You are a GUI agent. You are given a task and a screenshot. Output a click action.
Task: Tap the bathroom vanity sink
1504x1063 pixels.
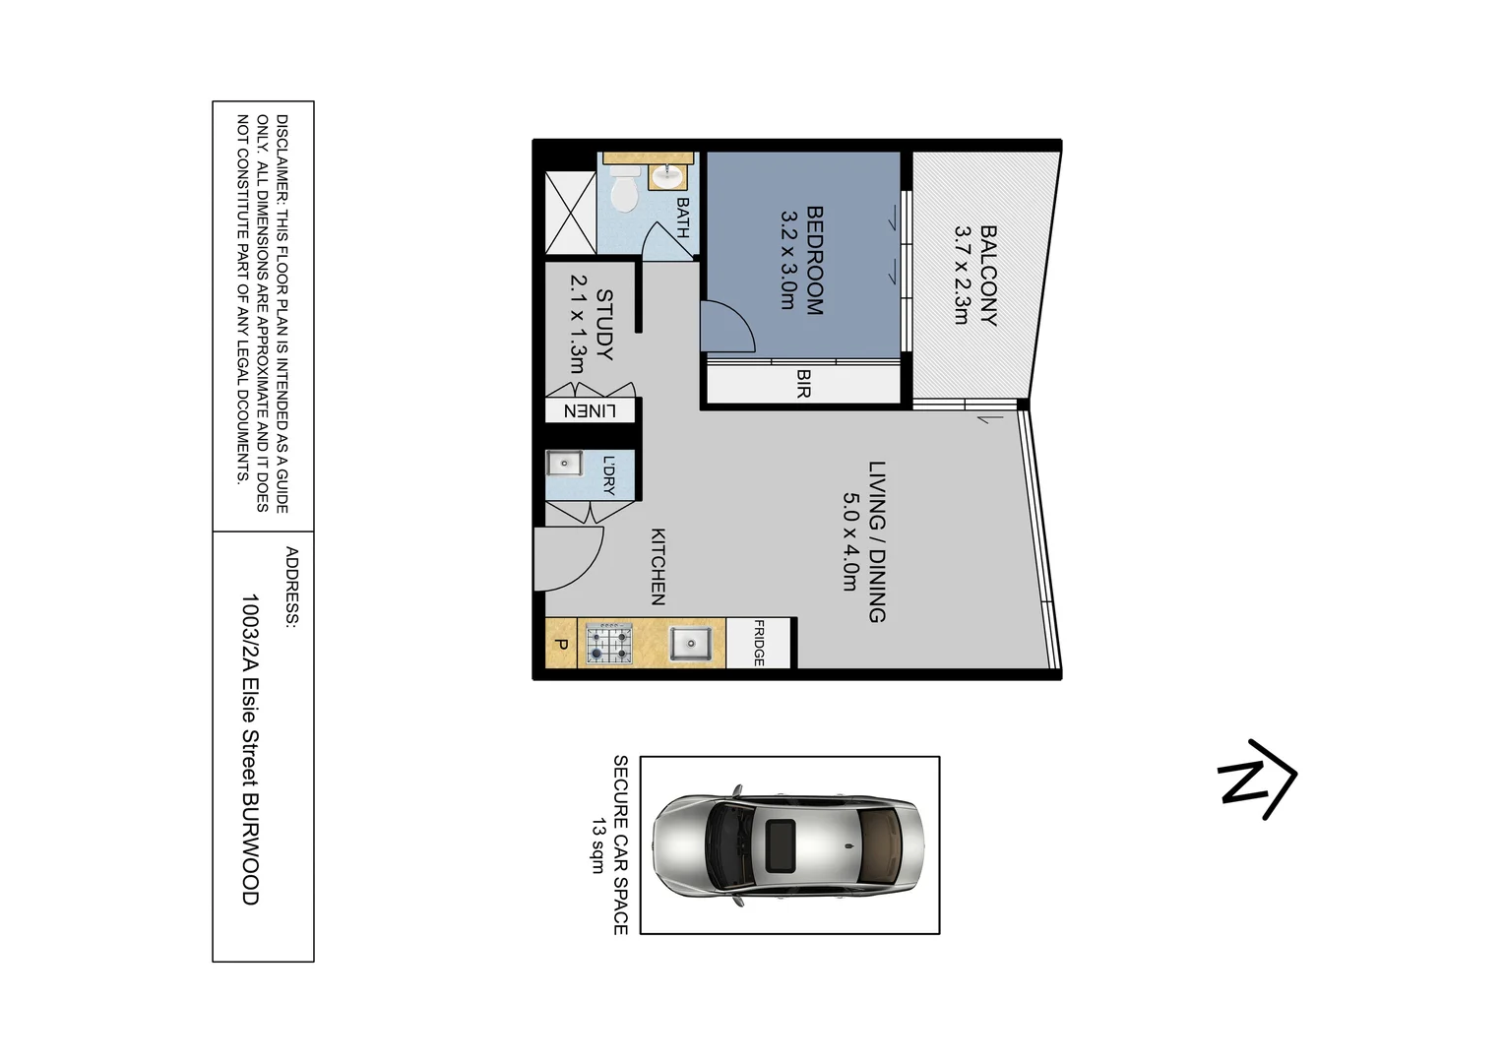[x=668, y=175]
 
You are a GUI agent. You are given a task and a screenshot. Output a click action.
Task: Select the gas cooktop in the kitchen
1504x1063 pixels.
[x=609, y=645]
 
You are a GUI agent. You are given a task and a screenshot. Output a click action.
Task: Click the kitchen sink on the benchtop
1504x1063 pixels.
[x=690, y=645]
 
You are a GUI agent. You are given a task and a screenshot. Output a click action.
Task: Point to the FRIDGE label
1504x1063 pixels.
[x=760, y=644]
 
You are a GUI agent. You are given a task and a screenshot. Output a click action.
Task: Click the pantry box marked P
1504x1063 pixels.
[x=561, y=645]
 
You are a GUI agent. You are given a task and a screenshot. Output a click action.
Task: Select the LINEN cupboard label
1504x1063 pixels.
[x=590, y=411]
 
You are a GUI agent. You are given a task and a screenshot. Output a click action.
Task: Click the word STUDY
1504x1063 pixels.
[x=603, y=324]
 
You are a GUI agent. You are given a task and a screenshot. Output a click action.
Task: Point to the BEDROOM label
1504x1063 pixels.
[x=814, y=260]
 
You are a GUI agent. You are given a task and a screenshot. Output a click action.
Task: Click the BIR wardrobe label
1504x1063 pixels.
[x=803, y=383]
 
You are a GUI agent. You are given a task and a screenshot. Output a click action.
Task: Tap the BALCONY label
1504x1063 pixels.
[x=988, y=276]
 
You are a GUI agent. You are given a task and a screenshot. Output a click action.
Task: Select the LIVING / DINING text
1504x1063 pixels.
[x=877, y=541]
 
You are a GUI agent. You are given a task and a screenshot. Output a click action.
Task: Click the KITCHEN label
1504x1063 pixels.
[x=658, y=566]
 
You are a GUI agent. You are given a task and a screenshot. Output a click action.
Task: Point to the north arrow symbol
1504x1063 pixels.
[x=1256, y=778]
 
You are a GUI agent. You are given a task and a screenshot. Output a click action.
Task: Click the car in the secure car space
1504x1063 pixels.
[x=789, y=844]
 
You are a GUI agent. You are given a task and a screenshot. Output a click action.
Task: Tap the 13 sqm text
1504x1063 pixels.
[x=596, y=844]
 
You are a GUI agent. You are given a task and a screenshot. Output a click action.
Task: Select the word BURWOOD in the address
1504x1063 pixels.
[x=251, y=848]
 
